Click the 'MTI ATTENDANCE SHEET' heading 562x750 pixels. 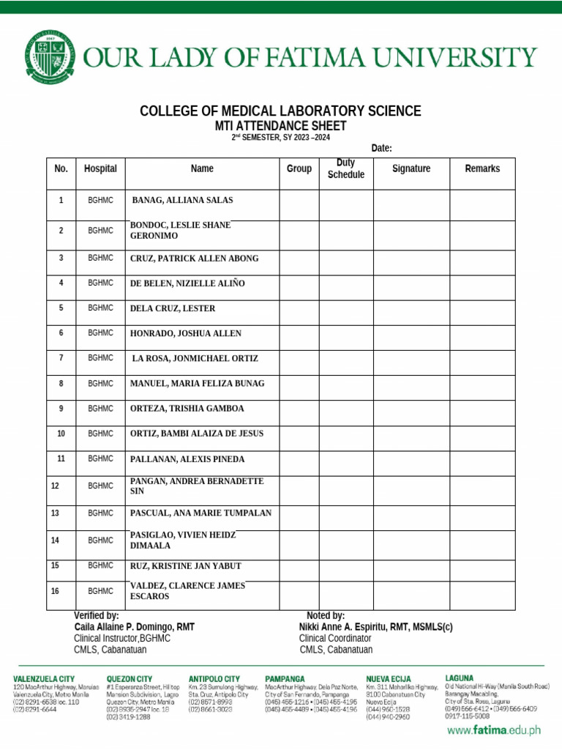tap(280, 126)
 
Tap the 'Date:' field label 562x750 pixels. tap(381, 148)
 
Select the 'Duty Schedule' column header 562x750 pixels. tap(345, 168)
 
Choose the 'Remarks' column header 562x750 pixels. tap(482, 168)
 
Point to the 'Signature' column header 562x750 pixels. tap(411, 168)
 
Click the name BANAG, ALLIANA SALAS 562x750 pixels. tap(182, 200)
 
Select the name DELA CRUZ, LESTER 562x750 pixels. tap(173, 308)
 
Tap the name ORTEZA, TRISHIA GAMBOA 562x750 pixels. tap(187, 408)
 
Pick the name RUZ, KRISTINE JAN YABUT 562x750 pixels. tap(185, 566)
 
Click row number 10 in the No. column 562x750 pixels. tap(61, 434)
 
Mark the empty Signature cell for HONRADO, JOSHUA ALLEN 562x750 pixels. tap(411, 333)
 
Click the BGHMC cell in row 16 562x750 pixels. tap(101, 590)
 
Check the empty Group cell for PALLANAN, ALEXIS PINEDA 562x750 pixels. tap(299, 459)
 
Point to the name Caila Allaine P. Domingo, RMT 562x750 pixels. tap(135, 627)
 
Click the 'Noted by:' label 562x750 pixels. tap(326, 616)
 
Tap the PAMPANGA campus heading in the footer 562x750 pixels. tap(285, 679)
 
